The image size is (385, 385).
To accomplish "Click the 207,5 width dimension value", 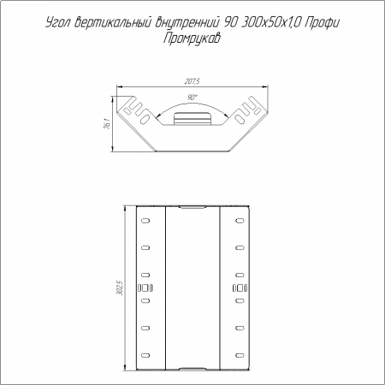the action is [192, 81].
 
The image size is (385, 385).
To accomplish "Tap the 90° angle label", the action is [192, 98].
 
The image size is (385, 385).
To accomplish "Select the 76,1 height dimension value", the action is [107, 124].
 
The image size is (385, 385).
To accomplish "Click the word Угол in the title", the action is [58, 23].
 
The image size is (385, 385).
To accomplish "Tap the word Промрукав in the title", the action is [192, 38].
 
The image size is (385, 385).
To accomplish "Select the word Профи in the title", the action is [322, 23].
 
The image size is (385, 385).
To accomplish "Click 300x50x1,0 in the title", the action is [270, 23].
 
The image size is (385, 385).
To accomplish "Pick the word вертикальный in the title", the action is [113, 23].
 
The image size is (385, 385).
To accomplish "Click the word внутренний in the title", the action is [187, 23].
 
